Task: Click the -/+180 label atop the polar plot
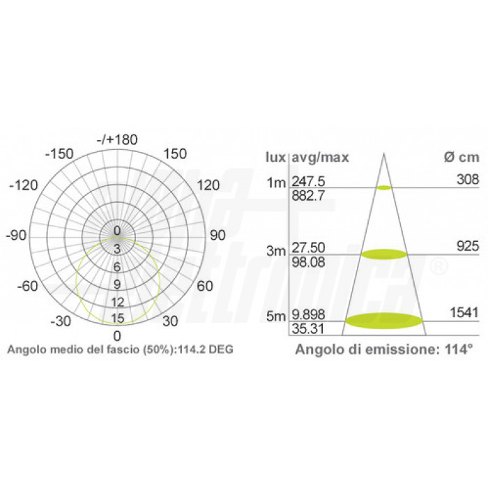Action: (117, 139)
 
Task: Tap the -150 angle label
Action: (59, 154)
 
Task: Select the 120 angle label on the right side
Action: (208, 185)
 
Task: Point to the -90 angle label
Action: (16, 236)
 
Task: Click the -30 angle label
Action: (61, 321)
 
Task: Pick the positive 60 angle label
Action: (205, 286)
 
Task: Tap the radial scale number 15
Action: (118, 318)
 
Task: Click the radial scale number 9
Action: (117, 284)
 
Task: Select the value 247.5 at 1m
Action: (308, 181)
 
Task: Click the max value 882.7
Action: (308, 196)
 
